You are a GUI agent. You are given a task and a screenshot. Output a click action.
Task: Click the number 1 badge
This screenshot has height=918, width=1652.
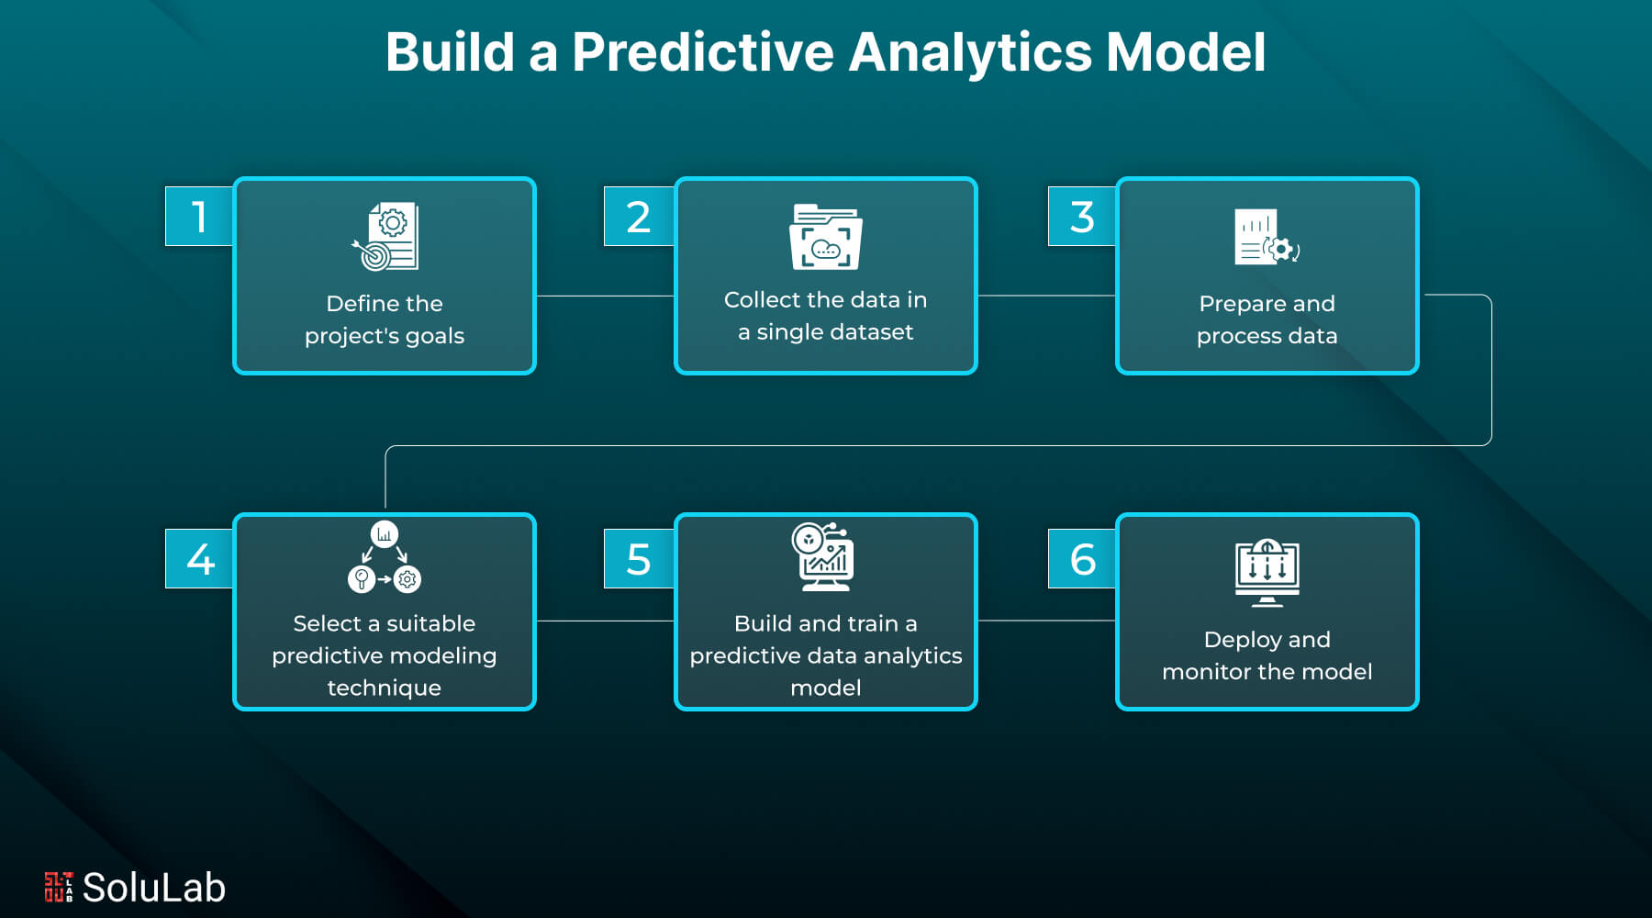(x=199, y=217)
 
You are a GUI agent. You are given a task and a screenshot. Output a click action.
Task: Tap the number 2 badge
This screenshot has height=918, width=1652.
(x=639, y=217)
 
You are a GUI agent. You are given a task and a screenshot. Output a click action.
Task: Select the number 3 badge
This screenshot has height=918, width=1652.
(x=1082, y=217)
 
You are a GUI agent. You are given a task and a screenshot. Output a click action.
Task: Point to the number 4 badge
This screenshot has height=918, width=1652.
(x=199, y=559)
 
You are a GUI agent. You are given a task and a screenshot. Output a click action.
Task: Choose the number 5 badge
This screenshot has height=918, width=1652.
(x=639, y=559)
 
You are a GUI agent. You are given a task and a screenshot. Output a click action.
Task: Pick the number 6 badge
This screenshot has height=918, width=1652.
(x=1082, y=559)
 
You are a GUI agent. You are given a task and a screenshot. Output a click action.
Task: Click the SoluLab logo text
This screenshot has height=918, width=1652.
(x=153, y=888)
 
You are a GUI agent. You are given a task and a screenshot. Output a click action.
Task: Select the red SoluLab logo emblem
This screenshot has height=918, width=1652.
(x=58, y=887)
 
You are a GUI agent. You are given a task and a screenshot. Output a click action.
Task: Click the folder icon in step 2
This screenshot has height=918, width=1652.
(x=825, y=237)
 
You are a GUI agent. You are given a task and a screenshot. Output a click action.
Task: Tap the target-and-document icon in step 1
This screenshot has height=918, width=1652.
(x=385, y=237)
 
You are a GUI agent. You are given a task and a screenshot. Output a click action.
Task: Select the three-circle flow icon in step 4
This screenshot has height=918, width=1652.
(x=385, y=557)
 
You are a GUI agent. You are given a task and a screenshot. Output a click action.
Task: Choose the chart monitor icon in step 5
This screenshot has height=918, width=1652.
(x=823, y=557)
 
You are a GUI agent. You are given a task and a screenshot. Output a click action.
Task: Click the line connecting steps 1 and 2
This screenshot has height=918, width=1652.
(x=605, y=296)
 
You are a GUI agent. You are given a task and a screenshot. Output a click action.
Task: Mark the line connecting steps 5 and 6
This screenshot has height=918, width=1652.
(x=1046, y=621)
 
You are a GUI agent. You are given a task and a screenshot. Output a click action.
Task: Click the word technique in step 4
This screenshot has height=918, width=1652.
(x=384, y=688)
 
